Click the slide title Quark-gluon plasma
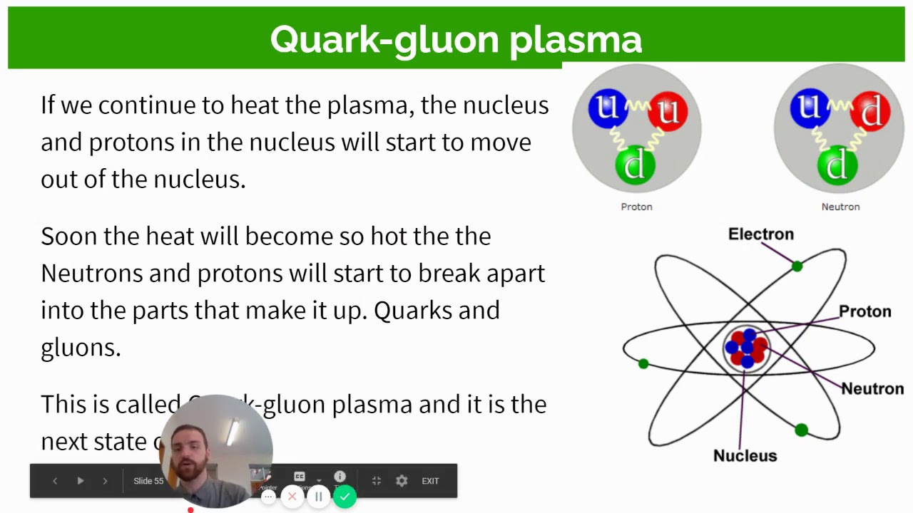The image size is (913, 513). tap(456, 39)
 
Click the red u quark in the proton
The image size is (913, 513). tap(668, 111)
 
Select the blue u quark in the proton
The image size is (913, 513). tap(607, 108)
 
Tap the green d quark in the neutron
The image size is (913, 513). tap(837, 164)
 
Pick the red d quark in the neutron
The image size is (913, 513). tap(870, 111)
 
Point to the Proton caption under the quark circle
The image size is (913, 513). tap(636, 207)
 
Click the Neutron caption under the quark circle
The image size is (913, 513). tap(840, 207)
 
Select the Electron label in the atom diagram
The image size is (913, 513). tap(760, 234)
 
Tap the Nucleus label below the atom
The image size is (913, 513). tap(745, 456)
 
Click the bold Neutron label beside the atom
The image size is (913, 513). tap(872, 389)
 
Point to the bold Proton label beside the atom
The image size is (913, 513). tap(864, 312)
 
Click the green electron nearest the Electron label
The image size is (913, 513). tap(797, 266)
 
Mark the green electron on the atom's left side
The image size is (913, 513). tap(643, 364)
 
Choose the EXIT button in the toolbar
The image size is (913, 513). tap(430, 481)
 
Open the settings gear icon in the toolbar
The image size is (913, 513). tap(402, 481)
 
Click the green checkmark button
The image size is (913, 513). tap(345, 497)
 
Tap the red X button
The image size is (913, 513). tap(292, 497)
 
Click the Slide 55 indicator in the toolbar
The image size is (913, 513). tap(148, 481)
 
